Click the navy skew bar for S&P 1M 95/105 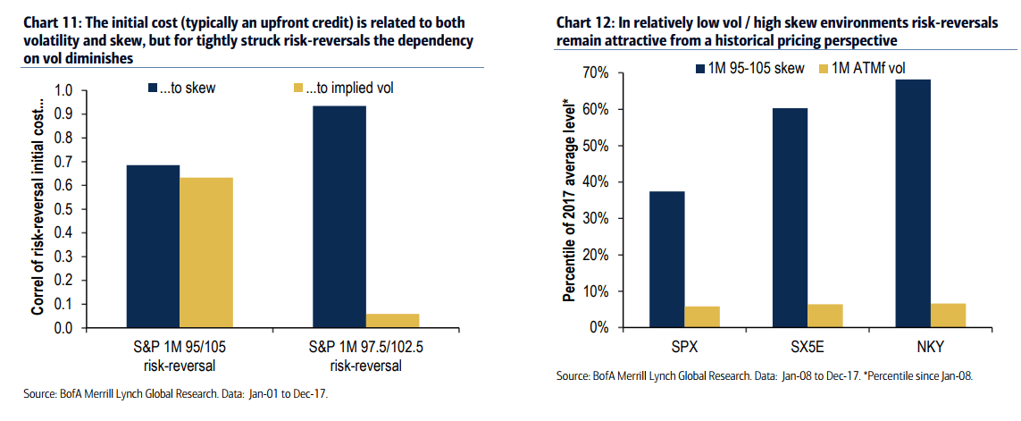(x=153, y=247)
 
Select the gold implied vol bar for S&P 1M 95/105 (x=206, y=253)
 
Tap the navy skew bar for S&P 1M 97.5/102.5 (x=339, y=217)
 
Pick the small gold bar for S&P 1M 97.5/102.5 (x=393, y=321)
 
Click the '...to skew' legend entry (x=180, y=88)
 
